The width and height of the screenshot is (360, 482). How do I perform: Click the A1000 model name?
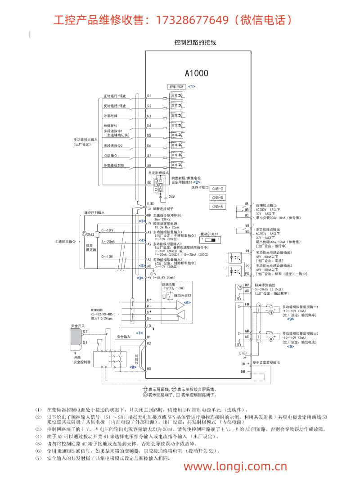(197, 72)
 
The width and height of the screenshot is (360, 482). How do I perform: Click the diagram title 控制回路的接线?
(195, 42)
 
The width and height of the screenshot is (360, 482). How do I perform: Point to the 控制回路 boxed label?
(176, 86)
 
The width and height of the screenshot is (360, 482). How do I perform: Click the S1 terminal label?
(149, 96)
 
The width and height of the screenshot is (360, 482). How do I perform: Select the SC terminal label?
(149, 183)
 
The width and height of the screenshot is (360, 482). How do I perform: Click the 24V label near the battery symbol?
(171, 197)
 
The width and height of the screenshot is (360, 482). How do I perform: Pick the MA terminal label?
(247, 204)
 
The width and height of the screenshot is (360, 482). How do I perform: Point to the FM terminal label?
(247, 305)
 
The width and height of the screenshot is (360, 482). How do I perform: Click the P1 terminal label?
(247, 251)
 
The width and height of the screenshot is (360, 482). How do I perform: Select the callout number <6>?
(187, 303)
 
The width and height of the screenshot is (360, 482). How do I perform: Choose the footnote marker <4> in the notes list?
(39, 437)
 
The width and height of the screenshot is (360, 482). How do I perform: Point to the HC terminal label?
(149, 368)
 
